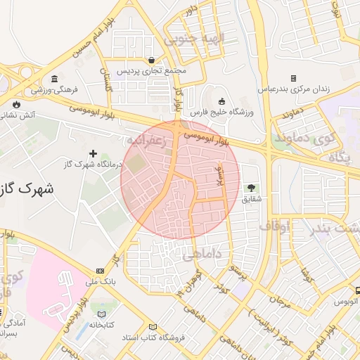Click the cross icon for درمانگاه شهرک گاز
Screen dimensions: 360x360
tap(93, 153)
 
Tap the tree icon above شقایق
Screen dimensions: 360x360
tap(251, 188)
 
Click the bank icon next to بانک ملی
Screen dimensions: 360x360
tap(100, 271)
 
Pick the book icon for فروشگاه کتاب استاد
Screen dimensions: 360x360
tap(153, 327)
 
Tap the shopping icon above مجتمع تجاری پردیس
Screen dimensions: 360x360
tap(152, 60)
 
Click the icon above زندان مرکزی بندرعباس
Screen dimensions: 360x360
tap(293, 78)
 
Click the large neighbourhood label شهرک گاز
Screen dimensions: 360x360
tap(27, 188)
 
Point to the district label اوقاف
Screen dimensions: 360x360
tap(274, 226)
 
